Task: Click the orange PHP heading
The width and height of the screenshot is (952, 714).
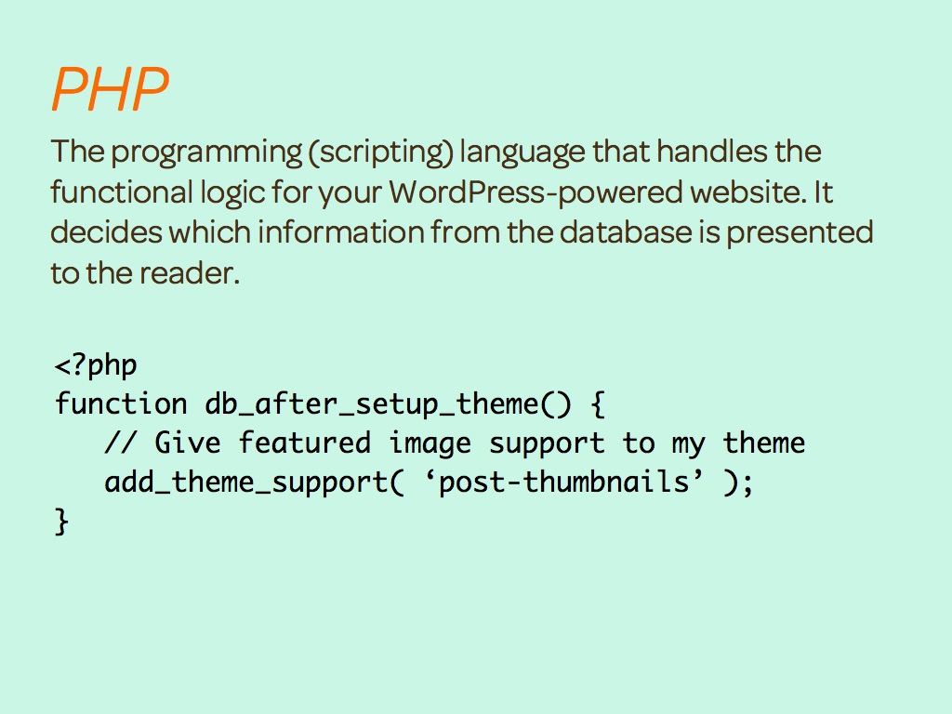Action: pos(110,88)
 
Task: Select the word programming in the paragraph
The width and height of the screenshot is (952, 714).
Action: pos(206,152)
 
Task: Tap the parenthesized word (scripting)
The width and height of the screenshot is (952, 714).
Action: pos(380,152)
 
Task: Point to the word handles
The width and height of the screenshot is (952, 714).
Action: pos(712,151)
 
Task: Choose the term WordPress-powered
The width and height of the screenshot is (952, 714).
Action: pos(535,193)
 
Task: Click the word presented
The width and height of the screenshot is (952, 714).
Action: pos(800,233)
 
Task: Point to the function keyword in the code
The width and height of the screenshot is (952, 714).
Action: pos(121,403)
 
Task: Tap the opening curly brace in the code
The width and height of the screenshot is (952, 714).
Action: pos(598,404)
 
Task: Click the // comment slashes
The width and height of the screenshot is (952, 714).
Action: pos(120,442)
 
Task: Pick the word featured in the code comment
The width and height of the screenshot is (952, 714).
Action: pos(304,443)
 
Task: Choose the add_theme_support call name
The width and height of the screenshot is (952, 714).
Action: pos(246,483)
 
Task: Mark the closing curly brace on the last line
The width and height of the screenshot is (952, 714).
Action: pos(61,522)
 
